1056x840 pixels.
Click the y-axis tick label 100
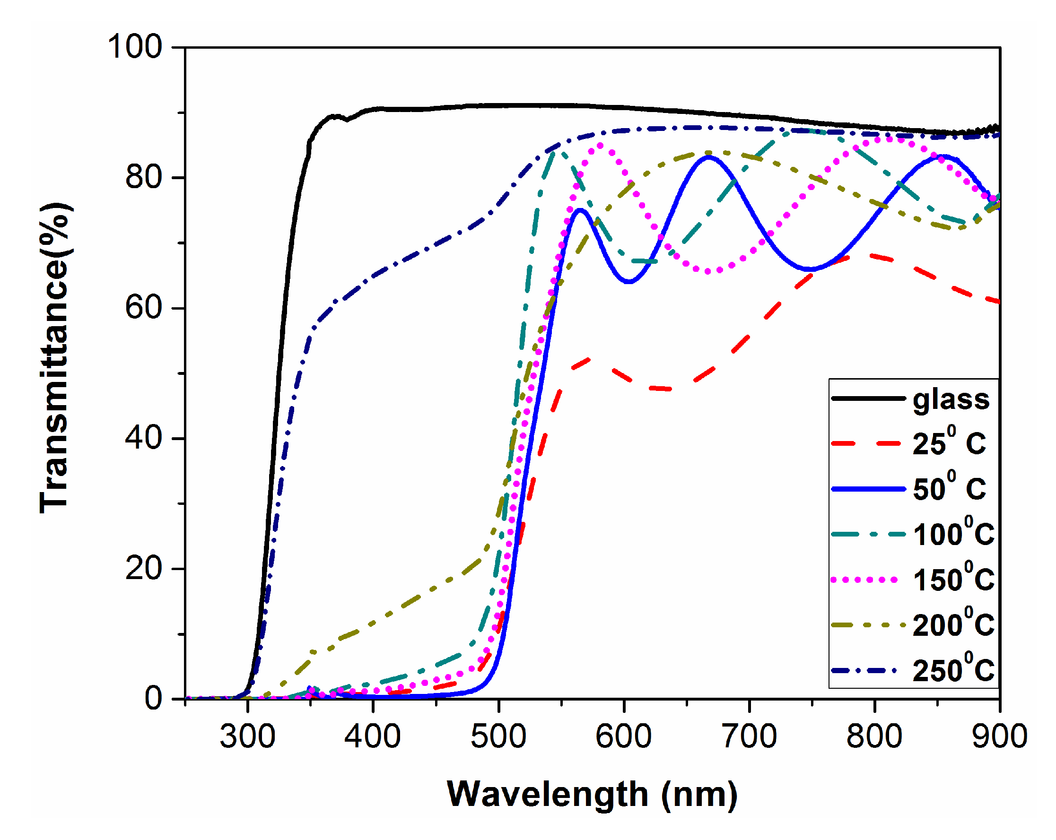134,47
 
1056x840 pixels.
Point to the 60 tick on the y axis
143,308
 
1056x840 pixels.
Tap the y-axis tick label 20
143,568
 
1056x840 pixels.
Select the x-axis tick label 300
247,736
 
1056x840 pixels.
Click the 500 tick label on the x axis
498,736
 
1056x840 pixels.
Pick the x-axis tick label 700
749,736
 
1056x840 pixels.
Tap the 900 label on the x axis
999,736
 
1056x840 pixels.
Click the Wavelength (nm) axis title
592,794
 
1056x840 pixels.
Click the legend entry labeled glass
951,399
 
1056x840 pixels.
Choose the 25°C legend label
949,443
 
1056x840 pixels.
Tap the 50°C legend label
949,488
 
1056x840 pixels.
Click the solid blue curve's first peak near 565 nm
580,209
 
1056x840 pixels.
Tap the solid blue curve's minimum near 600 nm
629,282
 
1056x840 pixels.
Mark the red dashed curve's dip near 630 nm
666,389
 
